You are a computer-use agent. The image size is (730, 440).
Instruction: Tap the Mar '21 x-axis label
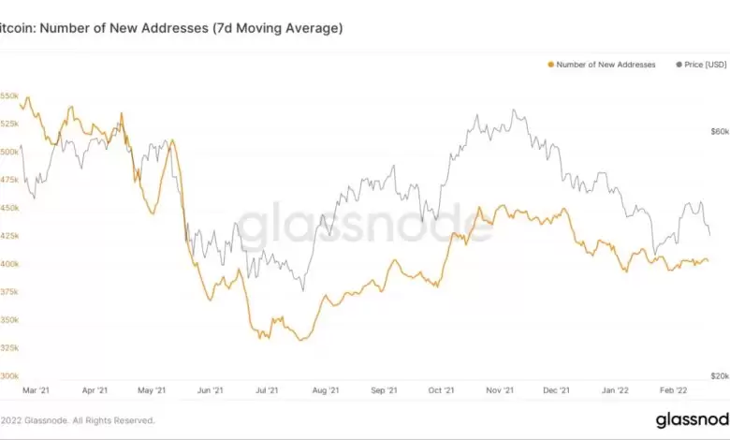tap(36, 390)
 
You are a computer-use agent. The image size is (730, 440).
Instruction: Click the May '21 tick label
tap(152, 390)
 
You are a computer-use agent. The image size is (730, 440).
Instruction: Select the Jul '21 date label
tap(268, 390)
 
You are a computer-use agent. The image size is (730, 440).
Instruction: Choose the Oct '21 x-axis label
tap(441, 390)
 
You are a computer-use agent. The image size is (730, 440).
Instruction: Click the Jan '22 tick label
tap(615, 390)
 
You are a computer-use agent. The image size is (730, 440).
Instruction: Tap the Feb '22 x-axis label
tap(673, 390)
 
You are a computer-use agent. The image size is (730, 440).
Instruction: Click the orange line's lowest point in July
tap(299, 340)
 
